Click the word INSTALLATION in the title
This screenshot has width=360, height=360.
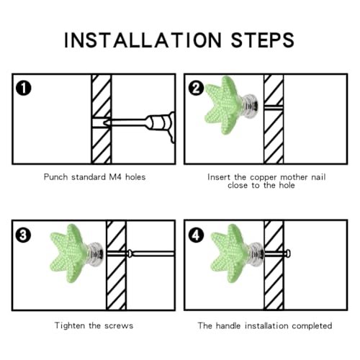tap(143, 40)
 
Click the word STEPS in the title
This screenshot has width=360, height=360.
tap(263, 40)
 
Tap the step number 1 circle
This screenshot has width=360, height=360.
tap(24, 88)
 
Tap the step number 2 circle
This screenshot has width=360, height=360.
tap(196, 88)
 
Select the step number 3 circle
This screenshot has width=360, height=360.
tap(23, 235)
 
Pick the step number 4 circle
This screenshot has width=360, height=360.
tap(196, 235)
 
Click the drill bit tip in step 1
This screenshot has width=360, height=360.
tap(104, 122)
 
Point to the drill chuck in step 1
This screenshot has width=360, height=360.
tap(161, 123)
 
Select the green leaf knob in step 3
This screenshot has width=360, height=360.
tap(68, 253)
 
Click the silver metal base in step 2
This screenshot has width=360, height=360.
tap(250, 106)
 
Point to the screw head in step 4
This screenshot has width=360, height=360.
tap(288, 253)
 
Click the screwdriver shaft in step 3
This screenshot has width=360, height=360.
tap(153, 253)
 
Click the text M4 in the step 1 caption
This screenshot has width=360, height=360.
tap(115, 177)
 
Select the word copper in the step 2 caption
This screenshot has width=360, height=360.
tap(263, 178)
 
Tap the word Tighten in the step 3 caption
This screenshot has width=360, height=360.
tap(70, 325)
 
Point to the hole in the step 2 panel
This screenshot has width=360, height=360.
tap(274, 107)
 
